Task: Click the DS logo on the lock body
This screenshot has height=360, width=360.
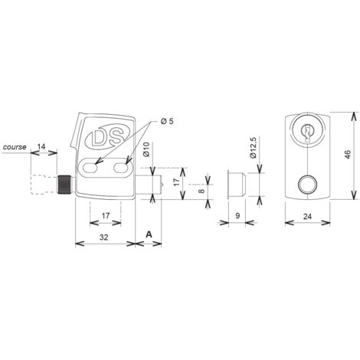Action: (108, 137)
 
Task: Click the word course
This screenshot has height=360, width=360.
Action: (15, 147)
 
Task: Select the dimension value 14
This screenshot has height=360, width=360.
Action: (41, 146)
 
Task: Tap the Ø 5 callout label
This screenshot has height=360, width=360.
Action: (167, 121)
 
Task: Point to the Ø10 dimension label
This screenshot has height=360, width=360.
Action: (146, 149)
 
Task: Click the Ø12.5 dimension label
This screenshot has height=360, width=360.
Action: (253, 148)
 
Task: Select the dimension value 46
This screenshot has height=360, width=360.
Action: (348, 155)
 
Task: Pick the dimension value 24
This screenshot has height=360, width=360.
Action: (307, 217)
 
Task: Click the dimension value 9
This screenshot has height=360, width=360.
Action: (237, 216)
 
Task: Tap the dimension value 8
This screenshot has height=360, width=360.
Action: (201, 191)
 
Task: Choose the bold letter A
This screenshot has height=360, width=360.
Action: (149, 234)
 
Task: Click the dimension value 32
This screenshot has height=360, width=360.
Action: (103, 237)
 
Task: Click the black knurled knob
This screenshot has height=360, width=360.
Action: (65, 185)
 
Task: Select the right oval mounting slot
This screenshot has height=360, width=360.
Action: (121, 168)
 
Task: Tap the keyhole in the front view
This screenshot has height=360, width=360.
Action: (307, 132)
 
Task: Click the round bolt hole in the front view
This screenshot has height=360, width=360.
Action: (307, 185)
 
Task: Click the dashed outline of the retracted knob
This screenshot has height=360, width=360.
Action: (44, 185)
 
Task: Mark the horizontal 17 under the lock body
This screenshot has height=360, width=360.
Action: (106, 216)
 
